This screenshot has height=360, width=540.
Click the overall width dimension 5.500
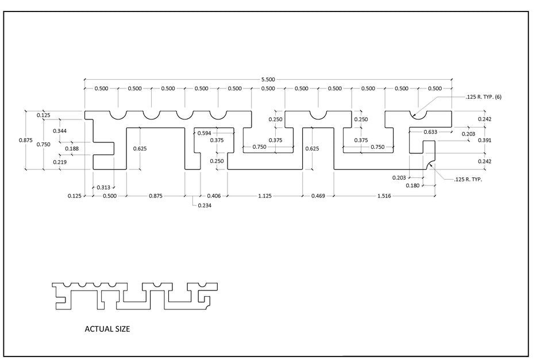268,79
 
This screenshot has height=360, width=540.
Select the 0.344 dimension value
60,131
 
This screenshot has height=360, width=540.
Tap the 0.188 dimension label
72,149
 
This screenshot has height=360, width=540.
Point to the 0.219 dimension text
60,162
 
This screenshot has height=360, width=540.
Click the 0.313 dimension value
103,188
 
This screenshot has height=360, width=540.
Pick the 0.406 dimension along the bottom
214,196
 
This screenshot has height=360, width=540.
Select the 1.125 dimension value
264,196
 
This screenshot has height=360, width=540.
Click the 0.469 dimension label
318,196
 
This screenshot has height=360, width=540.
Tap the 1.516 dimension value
384,196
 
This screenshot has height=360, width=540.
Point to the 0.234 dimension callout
205,206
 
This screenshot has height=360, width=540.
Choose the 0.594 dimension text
204,133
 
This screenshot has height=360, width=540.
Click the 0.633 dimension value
430,132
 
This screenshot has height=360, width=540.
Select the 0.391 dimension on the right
484,141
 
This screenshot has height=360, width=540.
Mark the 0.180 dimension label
412,185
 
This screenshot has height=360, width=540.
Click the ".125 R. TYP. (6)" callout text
484,97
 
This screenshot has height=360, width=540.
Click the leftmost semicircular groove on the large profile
118,119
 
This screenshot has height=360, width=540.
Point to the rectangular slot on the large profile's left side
103,149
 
